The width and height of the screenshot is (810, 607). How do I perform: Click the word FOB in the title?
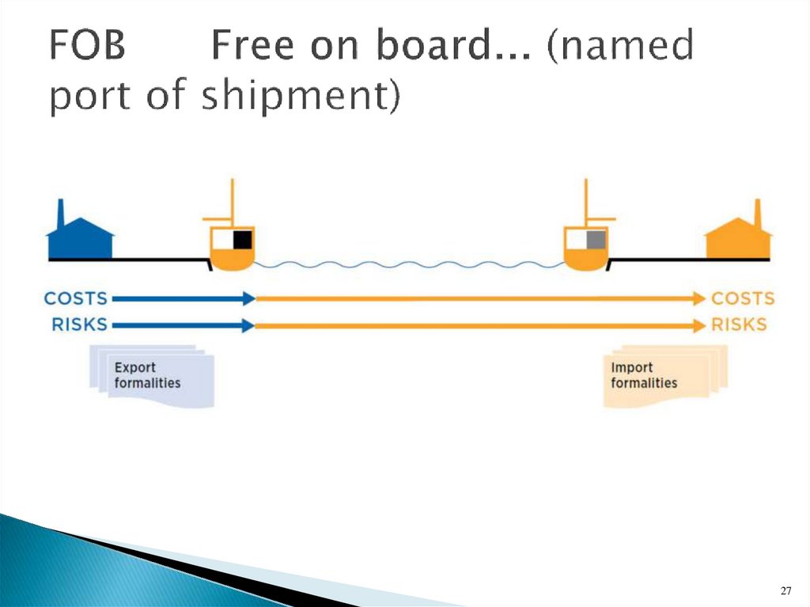[87, 47]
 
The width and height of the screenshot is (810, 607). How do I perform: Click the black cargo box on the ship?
[241, 239]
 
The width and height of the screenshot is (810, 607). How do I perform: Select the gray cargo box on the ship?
[596, 239]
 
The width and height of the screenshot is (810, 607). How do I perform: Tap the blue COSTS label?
[76, 298]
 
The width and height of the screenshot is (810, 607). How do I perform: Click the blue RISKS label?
[79, 324]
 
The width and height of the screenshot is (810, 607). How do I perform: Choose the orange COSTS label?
[743, 298]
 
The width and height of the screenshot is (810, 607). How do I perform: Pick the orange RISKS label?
[739, 324]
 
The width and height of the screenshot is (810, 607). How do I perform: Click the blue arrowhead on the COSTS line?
[248, 298]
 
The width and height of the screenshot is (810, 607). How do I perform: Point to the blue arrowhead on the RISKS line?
[248, 325]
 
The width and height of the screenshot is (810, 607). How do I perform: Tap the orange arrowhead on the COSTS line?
[698, 298]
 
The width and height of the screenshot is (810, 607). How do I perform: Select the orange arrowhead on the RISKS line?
[698, 325]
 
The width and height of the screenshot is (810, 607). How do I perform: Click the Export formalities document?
[151, 375]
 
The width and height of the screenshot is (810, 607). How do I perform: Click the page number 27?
[785, 590]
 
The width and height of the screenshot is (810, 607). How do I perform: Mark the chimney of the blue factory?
[61, 214]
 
